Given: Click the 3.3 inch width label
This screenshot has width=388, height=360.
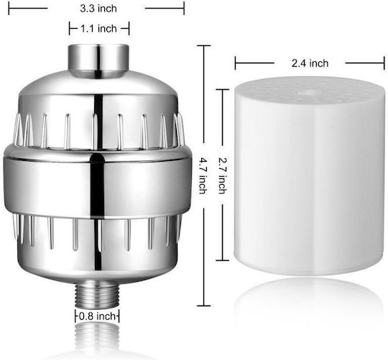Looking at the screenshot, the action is point(98,9).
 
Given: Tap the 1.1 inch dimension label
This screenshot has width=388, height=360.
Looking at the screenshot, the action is point(98,29).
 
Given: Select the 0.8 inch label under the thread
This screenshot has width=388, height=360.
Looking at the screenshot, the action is point(97,316).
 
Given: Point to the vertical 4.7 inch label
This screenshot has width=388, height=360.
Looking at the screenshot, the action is point(203,176).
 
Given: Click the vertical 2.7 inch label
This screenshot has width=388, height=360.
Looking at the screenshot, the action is point(222,176).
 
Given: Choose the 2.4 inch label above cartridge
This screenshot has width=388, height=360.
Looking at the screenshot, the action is point(310,63).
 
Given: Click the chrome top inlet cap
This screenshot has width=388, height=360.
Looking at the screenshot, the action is point(98,60).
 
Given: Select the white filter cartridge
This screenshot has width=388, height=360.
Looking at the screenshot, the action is point(310,176).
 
